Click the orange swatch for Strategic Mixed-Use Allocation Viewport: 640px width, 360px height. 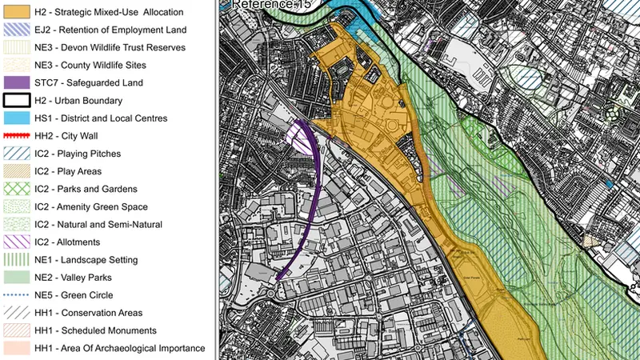pyautogui.click(x=16, y=12)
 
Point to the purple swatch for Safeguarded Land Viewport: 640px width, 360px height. pyautogui.click(x=16, y=82)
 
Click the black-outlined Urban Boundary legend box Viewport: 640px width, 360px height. pyautogui.click(x=16, y=100)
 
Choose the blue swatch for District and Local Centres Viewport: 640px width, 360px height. pyautogui.click(x=16, y=118)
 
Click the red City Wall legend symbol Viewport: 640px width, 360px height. pyautogui.click(x=16, y=135)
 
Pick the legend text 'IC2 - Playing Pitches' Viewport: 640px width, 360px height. pyautogui.click(x=80, y=153)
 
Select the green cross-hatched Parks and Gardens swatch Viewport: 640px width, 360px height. pyautogui.click(x=16, y=189)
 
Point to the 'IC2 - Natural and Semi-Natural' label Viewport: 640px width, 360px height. pyautogui.click(x=98, y=225)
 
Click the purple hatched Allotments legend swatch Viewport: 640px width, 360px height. pyautogui.click(x=16, y=242)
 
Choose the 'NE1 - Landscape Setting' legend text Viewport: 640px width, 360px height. pyautogui.click(x=86, y=260)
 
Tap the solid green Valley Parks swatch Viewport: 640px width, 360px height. pyautogui.click(x=16, y=278)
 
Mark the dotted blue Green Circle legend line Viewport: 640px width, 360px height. pyautogui.click(x=16, y=295)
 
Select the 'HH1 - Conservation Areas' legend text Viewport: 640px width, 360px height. pyautogui.click(x=88, y=313)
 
